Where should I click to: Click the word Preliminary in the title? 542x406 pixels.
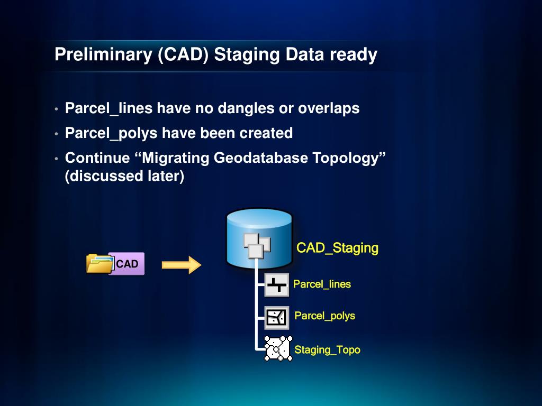(103, 55)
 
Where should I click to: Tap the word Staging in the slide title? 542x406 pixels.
(247, 55)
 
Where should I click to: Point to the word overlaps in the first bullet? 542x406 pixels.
(329, 108)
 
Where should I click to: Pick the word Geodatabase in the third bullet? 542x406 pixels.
(260, 158)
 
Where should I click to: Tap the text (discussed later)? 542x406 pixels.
(124, 176)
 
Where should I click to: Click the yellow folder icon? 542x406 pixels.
(100, 263)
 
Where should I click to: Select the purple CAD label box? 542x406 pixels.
(127, 264)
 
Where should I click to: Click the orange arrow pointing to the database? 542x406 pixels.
(182, 265)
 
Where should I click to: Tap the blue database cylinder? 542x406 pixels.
(259, 238)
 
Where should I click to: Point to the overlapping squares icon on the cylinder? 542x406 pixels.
(257, 245)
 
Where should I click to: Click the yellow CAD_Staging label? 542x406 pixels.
(337, 248)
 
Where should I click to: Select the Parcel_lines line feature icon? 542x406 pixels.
(276, 285)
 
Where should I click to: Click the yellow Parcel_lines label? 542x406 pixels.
(322, 284)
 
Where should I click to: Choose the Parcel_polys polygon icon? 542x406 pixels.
(276, 317)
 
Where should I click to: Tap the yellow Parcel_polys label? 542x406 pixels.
(324, 316)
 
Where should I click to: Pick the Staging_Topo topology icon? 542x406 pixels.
(278, 348)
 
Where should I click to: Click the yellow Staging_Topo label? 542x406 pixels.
(327, 350)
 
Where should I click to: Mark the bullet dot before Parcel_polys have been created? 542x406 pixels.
(56, 134)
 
